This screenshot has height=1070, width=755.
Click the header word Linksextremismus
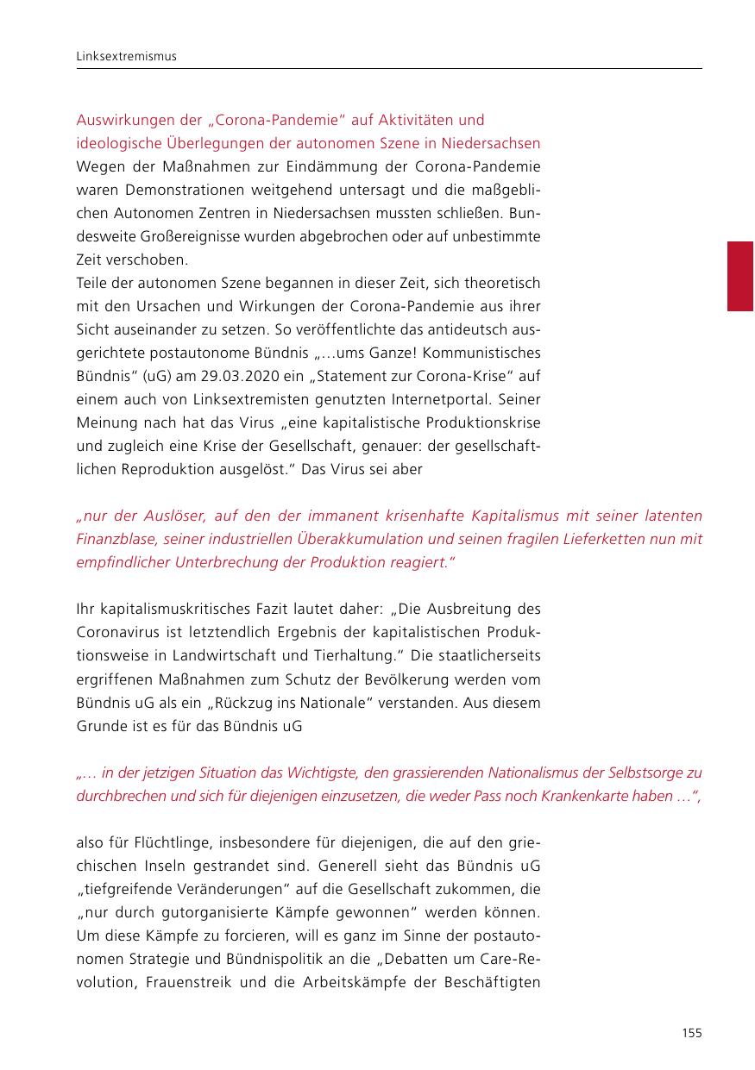point(126,56)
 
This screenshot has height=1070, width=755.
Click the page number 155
point(691,1033)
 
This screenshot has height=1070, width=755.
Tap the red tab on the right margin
point(740,276)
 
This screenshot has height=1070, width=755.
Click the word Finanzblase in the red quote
point(114,539)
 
